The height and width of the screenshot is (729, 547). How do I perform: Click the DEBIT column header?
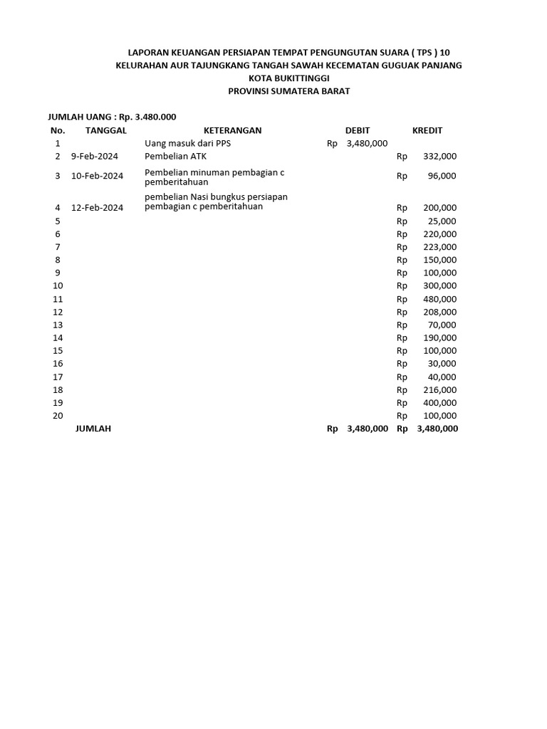[358, 130]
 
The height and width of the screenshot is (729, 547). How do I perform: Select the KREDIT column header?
[427, 130]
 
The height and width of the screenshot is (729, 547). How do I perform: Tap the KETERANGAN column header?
[233, 130]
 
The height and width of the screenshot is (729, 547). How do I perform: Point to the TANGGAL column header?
[106, 130]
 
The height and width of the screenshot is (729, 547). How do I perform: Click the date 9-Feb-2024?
[95, 156]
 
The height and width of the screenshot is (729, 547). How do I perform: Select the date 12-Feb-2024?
[98, 208]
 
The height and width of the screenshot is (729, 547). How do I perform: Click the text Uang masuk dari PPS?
[188, 143]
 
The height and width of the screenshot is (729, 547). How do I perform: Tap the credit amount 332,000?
[439, 156]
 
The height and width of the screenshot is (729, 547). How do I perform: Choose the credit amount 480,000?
[439, 299]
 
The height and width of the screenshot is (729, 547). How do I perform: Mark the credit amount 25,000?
[442, 221]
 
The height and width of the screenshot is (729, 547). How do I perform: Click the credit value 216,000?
[439, 390]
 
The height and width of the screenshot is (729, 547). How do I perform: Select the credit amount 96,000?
[442, 176]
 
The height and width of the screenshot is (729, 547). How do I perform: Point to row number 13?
[58, 325]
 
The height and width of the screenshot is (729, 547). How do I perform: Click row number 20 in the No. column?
[58, 416]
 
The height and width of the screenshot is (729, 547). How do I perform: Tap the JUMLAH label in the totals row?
[93, 429]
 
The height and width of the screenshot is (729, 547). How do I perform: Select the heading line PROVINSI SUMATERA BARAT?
[288, 91]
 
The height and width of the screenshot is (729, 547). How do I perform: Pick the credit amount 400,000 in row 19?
[439, 403]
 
